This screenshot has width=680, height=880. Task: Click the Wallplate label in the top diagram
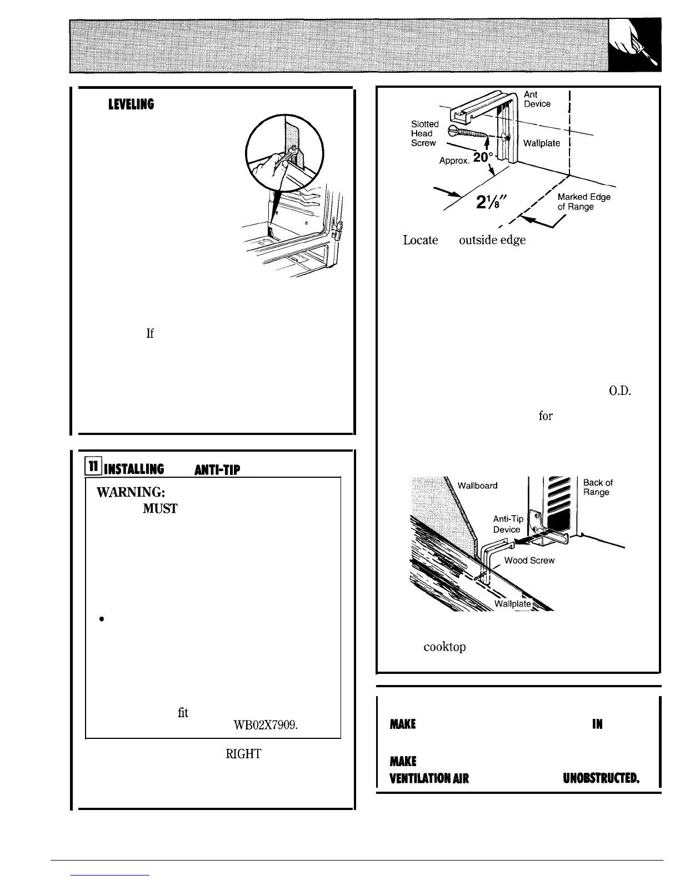click(x=542, y=143)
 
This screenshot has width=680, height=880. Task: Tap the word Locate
click(x=421, y=241)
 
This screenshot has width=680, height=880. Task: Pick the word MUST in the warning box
click(x=160, y=508)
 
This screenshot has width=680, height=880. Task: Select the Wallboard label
click(x=477, y=485)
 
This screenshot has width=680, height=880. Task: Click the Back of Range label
click(x=598, y=487)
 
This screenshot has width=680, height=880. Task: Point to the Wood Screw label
click(x=529, y=561)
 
